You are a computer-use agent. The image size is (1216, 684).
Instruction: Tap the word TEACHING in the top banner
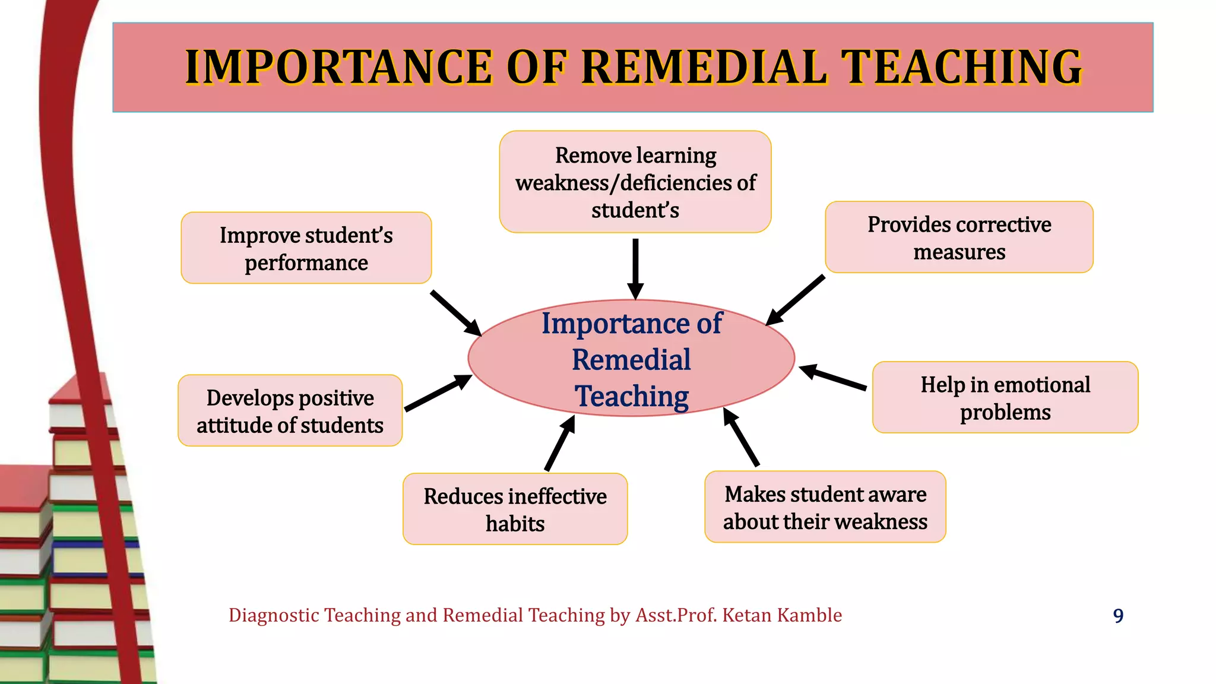(962, 67)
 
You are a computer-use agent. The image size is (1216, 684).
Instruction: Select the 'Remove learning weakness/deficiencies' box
(635, 182)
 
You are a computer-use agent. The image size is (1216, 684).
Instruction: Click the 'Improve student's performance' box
(306, 248)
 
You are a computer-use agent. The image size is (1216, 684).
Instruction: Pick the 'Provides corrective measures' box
(959, 237)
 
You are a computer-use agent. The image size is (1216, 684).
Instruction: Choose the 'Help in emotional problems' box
(1005, 398)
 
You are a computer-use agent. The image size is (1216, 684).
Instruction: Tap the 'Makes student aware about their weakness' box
(825, 507)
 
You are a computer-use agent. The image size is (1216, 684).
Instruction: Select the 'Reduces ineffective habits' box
(515, 509)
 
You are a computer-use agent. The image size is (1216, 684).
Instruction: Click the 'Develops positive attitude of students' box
(290, 411)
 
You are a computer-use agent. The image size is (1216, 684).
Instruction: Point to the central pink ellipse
(632, 359)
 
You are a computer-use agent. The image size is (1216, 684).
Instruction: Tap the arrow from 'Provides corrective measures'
(796, 300)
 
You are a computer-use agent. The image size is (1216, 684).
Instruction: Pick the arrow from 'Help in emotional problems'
(832, 378)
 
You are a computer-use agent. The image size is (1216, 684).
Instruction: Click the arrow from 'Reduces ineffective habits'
(560, 444)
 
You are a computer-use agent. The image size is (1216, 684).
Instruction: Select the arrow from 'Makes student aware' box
(741, 437)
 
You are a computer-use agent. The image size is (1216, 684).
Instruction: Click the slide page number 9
(1118, 616)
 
